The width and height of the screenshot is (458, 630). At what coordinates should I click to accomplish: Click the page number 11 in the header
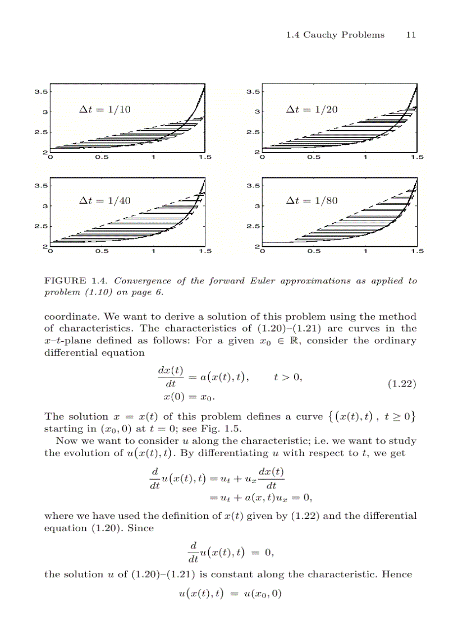[x=411, y=35]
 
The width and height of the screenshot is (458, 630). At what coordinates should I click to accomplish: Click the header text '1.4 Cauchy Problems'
[x=335, y=35]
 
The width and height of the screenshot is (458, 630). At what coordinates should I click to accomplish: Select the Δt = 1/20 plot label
[x=312, y=109]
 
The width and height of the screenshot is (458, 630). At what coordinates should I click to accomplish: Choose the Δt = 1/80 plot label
[x=312, y=200]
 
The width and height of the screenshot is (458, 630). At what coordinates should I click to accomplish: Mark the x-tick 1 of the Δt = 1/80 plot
[x=365, y=251]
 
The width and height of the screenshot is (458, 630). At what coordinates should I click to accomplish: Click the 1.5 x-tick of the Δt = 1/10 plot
[x=204, y=158]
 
